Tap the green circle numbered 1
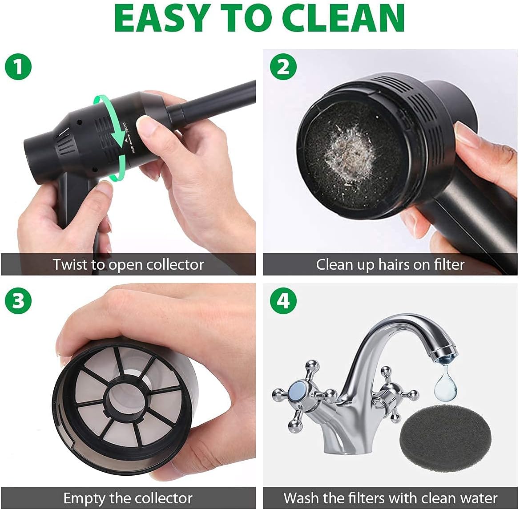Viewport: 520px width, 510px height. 18,67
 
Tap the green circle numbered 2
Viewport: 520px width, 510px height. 283,67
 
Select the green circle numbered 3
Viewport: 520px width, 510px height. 18,300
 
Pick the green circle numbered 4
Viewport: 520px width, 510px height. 283,300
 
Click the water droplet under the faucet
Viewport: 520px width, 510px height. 443,384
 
